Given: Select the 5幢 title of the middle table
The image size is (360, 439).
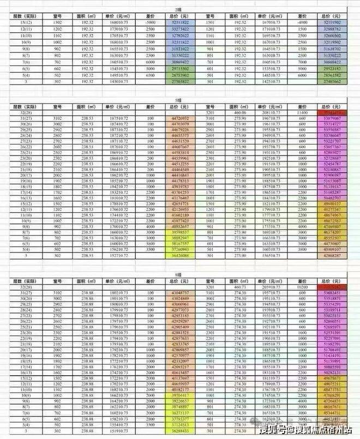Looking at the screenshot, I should pos(179,100).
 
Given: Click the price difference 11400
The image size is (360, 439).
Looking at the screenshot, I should pos(309,111).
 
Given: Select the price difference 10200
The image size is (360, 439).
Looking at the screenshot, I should pos(309,286).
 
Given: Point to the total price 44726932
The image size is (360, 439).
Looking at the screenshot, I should pos(179,118).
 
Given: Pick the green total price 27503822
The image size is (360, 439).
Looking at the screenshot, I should pos(179,81).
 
